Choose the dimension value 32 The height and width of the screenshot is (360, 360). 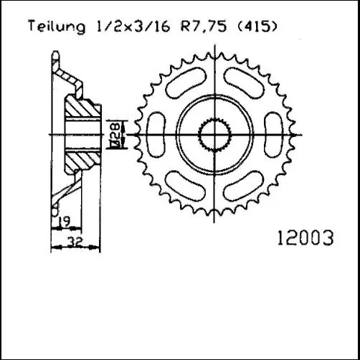coord(73,243)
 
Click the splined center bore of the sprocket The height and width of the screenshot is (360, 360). coord(213,134)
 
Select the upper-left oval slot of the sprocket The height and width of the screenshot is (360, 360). coord(186,83)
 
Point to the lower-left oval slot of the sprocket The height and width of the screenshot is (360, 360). coord(186,185)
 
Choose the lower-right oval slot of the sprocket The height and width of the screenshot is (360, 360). coord(241,185)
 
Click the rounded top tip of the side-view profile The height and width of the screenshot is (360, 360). coord(57,55)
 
